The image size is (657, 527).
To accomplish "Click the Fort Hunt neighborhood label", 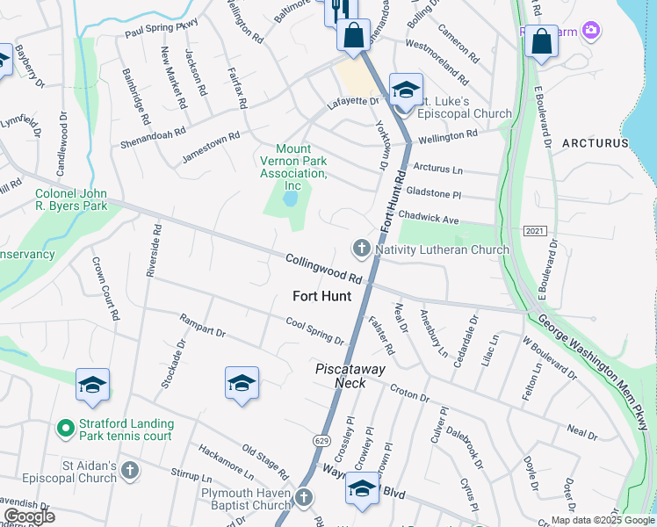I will (x=316, y=296).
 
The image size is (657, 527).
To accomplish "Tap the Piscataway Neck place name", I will (x=350, y=376).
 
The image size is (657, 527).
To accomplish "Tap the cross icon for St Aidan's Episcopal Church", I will (x=129, y=470).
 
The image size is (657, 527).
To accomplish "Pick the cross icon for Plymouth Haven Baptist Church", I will (x=304, y=497).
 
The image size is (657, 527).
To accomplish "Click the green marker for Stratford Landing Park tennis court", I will (x=64, y=429).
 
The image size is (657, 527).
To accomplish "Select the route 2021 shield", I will (x=533, y=230).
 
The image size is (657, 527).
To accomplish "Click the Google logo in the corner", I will (x=29, y=516).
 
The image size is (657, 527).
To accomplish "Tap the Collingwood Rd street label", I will (x=324, y=268).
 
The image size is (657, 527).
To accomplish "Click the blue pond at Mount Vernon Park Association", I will (x=289, y=199).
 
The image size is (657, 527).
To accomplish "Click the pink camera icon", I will (x=591, y=31).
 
